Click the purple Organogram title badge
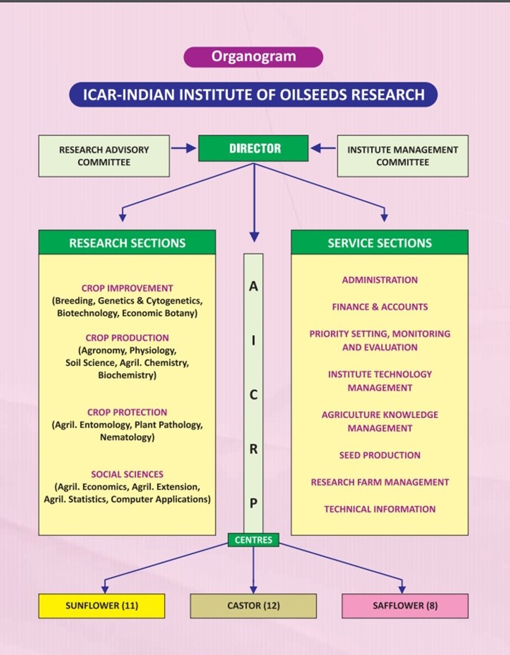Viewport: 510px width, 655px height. [x=254, y=57]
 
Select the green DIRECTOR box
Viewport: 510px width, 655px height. [x=254, y=149]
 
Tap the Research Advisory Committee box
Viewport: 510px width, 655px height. [x=104, y=156]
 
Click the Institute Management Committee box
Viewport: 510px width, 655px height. [x=402, y=156]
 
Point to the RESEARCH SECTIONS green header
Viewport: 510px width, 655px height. [x=127, y=243]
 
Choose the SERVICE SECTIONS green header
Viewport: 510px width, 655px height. [x=380, y=243]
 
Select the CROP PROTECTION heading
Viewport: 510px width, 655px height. [x=127, y=412]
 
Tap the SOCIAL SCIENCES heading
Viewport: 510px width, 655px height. [x=127, y=474]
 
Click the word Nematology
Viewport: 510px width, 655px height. [x=127, y=437]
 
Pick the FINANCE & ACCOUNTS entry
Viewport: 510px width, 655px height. [x=380, y=307]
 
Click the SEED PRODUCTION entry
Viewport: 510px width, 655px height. [x=380, y=455]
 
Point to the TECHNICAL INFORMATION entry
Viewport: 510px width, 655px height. [x=380, y=510]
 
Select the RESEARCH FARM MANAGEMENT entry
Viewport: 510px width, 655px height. [x=380, y=482]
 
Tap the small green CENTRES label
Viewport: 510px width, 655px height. [x=254, y=540]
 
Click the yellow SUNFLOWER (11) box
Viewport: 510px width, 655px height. [x=101, y=606]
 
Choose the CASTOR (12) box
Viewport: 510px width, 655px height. [x=253, y=606]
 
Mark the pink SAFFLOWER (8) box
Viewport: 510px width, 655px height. [x=405, y=606]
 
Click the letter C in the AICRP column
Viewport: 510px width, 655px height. [x=254, y=394]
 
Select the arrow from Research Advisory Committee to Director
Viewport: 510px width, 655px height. [x=184, y=149]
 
